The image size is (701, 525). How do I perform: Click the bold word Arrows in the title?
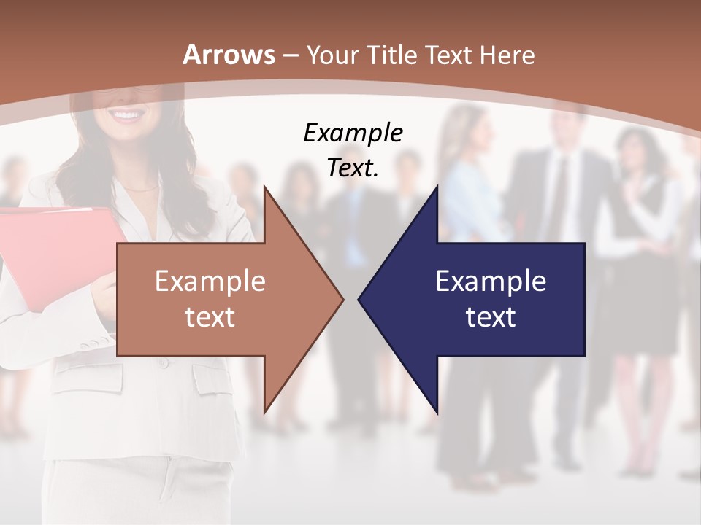point(229,55)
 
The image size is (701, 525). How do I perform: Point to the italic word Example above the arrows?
point(353,133)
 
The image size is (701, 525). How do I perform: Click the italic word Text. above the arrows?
point(353,168)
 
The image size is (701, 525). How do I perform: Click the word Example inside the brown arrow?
point(210,281)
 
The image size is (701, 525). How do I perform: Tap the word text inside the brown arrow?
point(210,316)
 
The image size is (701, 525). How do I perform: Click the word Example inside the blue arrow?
point(491,281)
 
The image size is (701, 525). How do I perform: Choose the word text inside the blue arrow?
point(491,316)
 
